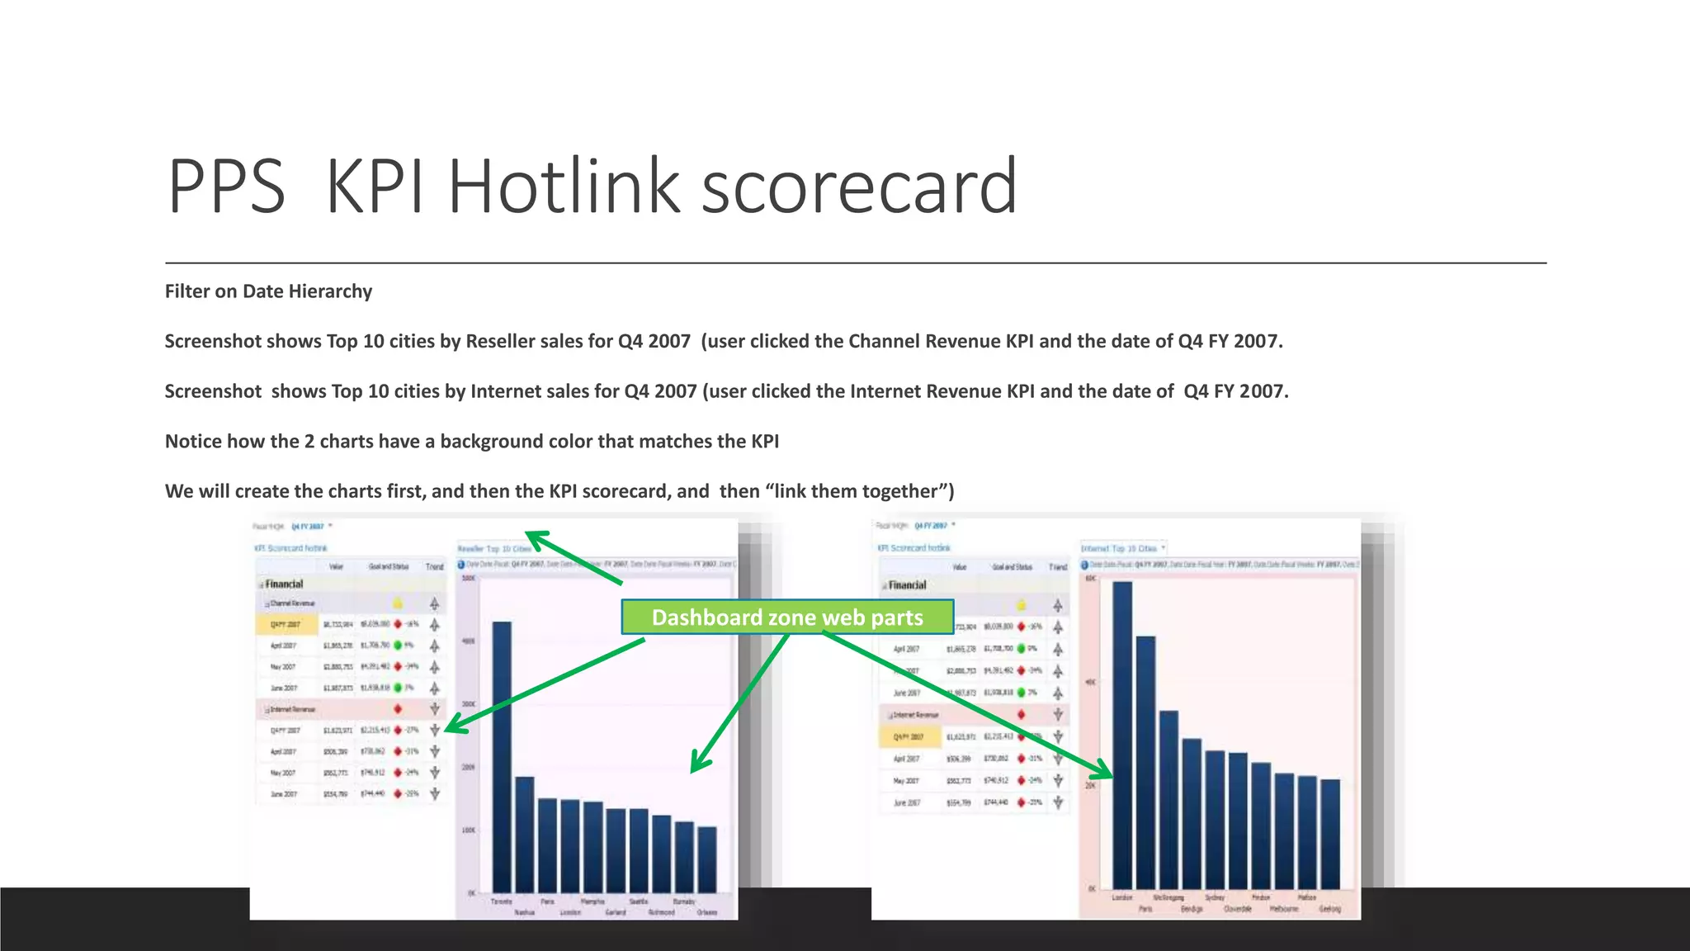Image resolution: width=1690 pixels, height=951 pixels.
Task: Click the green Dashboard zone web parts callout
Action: click(x=786, y=617)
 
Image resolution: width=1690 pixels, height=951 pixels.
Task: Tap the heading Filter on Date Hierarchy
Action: click(x=268, y=291)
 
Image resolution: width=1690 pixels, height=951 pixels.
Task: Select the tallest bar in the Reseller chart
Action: click(x=501, y=755)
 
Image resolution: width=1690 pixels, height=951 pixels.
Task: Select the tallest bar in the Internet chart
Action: click(x=1122, y=735)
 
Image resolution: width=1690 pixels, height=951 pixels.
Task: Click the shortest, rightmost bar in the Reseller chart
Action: click(x=707, y=859)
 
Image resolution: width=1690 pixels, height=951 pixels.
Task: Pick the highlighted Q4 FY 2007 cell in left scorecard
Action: click(x=286, y=625)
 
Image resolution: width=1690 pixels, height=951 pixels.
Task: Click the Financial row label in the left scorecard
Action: click(x=284, y=584)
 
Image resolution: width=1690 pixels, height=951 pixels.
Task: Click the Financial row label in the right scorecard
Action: click(x=907, y=585)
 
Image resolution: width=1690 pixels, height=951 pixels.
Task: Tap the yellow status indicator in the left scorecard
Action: click(x=398, y=603)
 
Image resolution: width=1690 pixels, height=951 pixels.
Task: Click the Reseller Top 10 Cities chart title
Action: click(x=495, y=548)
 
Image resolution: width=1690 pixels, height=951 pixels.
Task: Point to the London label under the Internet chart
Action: click(x=1122, y=897)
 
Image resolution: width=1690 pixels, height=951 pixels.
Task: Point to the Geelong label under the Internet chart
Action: click(x=1329, y=909)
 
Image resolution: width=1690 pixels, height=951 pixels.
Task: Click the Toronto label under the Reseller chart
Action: click(x=501, y=901)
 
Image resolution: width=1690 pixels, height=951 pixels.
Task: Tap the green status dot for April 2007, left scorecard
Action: click(x=398, y=646)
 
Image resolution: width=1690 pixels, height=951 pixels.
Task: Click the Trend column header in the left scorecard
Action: click(x=434, y=566)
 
